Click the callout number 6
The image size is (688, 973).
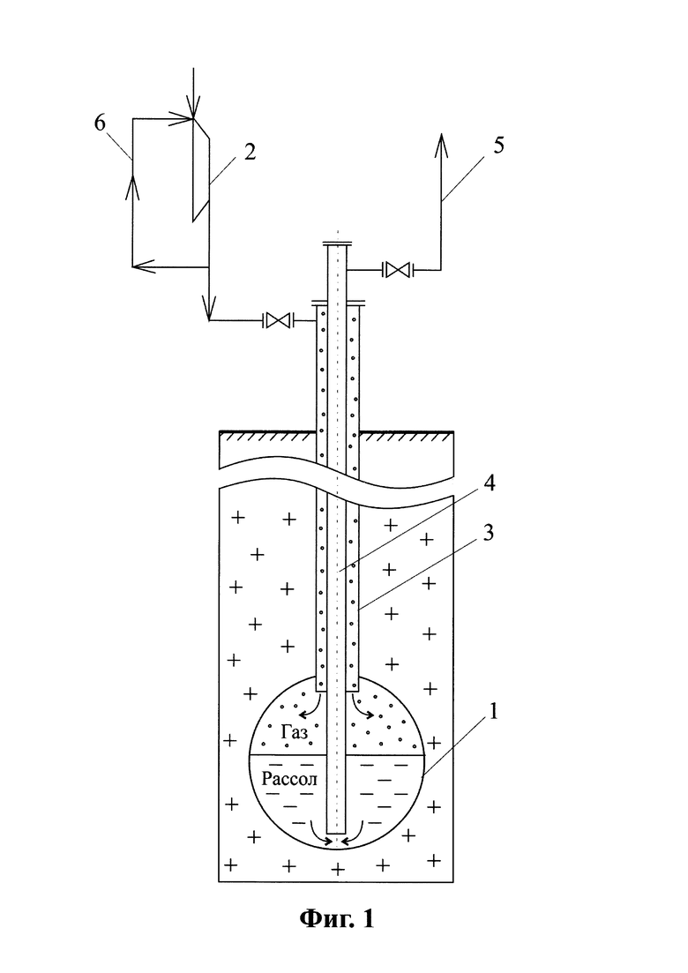(100, 123)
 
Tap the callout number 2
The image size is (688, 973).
(250, 152)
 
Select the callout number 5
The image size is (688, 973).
(498, 146)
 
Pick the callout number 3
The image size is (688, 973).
(488, 533)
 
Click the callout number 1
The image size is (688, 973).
(494, 711)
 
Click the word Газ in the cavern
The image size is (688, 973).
(294, 733)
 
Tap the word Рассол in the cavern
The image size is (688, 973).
(289, 780)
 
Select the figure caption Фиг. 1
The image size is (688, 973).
(337, 917)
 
